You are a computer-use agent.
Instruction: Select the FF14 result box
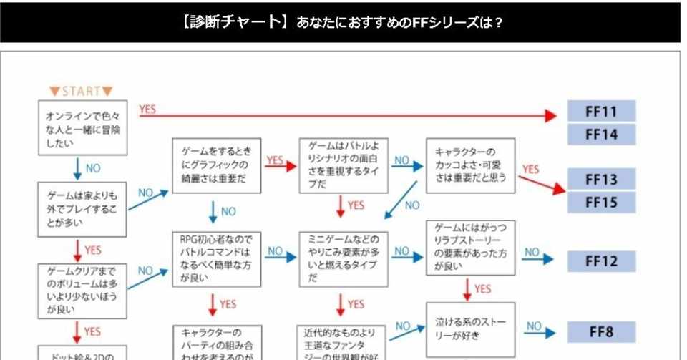coord(601,134)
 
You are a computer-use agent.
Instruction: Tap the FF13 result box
coord(601,179)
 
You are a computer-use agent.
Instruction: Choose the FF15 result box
coord(601,202)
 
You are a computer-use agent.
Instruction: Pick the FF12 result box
coord(601,261)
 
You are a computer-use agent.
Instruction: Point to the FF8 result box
coord(601,332)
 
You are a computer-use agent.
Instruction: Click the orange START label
coord(81,91)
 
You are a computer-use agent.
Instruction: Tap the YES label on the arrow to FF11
coord(147,109)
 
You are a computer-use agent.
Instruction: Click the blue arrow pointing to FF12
coord(547,261)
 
